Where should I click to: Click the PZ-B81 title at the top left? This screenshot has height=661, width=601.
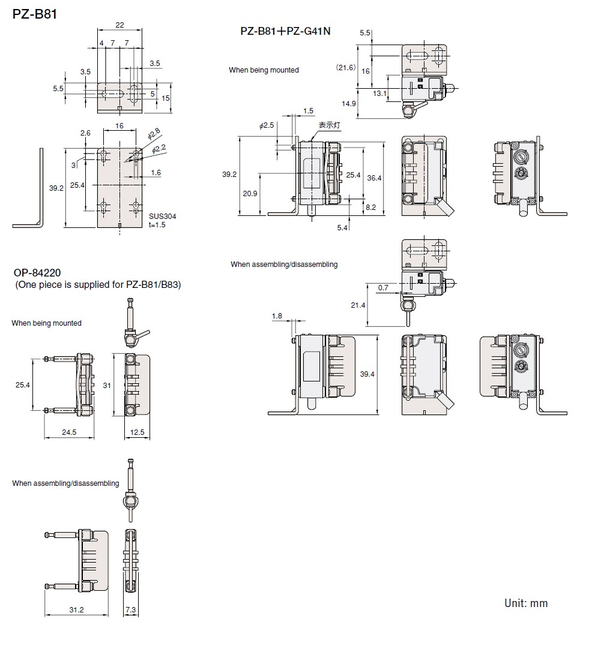pyautogui.click(x=35, y=13)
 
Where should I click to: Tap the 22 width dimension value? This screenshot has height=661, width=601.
pyautogui.click(x=119, y=25)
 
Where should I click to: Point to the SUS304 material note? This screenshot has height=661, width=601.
pyautogui.click(x=163, y=216)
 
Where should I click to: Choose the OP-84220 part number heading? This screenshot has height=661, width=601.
pyautogui.click(x=37, y=273)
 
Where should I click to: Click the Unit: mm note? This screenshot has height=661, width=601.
pyautogui.click(x=526, y=603)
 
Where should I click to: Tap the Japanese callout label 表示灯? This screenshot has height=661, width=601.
pyautogui.click(x=329, y=125)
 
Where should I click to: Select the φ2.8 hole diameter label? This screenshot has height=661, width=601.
pyautogui.click(x=154, y=135)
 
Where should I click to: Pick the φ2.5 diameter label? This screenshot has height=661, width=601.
pyautogui.click(x=267, y=126)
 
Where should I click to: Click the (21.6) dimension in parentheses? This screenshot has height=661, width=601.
pyautogui.click(x=345, y=68)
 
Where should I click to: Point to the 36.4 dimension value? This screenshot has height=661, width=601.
pyautogui.click(x=374, y=178)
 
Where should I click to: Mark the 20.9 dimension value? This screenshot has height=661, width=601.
pyautogui.click(x=249, y=194)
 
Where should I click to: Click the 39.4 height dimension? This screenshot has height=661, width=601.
pyautogui.click(x=367, y=374)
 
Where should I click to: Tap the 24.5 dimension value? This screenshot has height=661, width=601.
pyautogui.click(x=70, y=432)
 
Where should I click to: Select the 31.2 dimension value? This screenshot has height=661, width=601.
pyautogui.click(x=76, y=609)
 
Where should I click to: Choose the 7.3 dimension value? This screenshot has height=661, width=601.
pyautogui.click(x=131, y=609)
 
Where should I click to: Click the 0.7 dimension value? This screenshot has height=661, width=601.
pyautogui.click(x=383, y=288)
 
